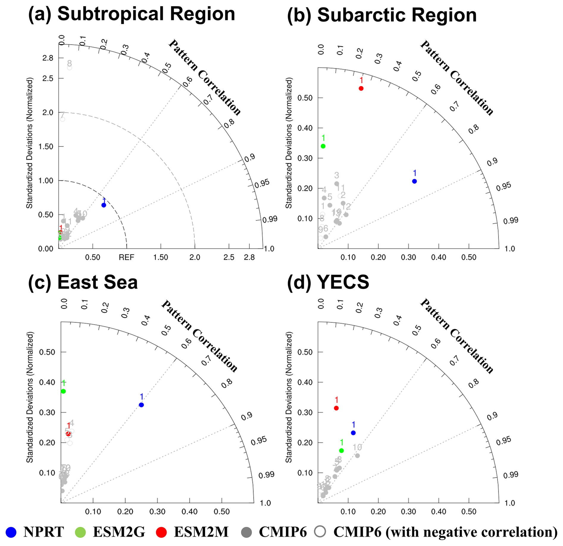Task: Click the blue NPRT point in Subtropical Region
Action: click(104, 205)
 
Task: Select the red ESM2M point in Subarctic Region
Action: click(361, 88)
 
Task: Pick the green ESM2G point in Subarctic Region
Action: click(323, 146)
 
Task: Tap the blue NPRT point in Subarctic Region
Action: click(415, 181)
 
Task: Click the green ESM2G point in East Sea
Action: click(63, 391)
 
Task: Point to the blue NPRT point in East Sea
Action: click(141, 405)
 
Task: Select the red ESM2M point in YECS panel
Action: click(336, 408)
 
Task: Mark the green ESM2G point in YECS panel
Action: click(342, 451)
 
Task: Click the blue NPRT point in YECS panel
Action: click(353, 433)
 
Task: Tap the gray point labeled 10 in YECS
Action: click(357, 456)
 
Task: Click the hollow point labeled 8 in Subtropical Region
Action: click(69, 68)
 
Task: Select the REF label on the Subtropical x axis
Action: click(126, 257)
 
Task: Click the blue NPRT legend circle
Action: click(11, 532)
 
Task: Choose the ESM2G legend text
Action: click(119, 532)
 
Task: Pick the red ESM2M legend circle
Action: click(161, 532)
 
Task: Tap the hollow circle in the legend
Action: click(320, 532)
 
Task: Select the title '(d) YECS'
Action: click(328, 282)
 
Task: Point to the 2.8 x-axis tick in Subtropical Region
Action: click(249, 257)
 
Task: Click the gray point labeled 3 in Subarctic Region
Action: click(337, 184)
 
